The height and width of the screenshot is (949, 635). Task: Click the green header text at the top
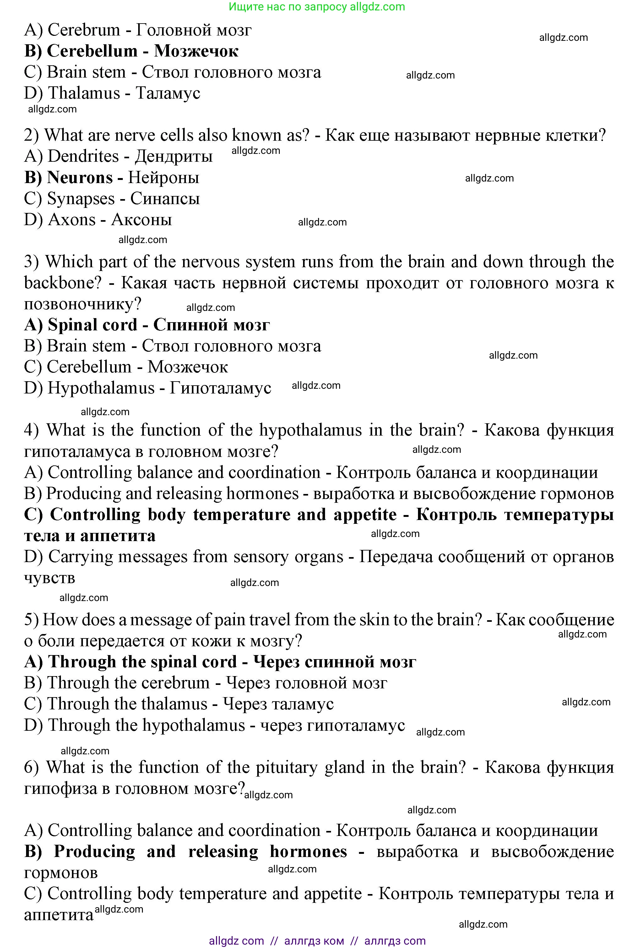(x=317, y=7)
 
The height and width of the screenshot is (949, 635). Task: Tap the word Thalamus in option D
(x=84, y=93)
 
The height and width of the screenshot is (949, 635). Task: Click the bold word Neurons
(x=80, y=178)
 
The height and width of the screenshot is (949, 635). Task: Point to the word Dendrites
(x=83, y=157)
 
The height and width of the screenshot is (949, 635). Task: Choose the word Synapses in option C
(x=81, y=199)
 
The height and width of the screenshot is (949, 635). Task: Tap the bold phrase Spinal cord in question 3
(x=93, y=325)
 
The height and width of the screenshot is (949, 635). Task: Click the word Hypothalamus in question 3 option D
(x=101, y=388)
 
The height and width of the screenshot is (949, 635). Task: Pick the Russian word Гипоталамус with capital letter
(x=220, y=388)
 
